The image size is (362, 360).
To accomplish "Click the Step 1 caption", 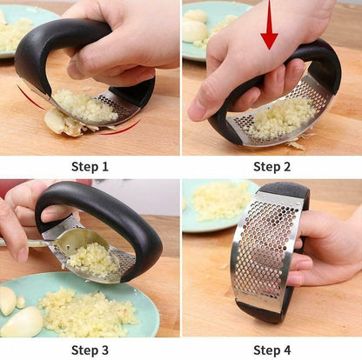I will (x=90, y=166).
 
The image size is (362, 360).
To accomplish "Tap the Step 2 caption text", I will (x=271, y=166).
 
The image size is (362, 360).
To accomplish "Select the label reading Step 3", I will (x=90, y=350).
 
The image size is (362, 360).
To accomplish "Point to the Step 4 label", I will (x=271, y=350).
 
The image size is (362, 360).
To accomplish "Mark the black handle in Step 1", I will (x=52, y=39).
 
